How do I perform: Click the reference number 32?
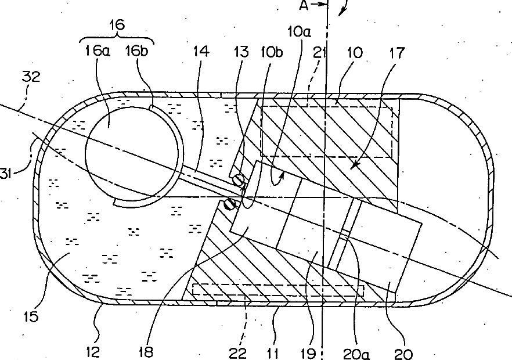click(31, 77)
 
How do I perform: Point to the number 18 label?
click(147, 351)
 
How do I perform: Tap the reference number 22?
click(238, 351)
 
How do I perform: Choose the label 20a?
click(356, 351)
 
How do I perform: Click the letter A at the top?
click(304, 6)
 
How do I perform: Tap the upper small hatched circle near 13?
click(238, 181)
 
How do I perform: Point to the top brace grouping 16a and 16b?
click(117, 39)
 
